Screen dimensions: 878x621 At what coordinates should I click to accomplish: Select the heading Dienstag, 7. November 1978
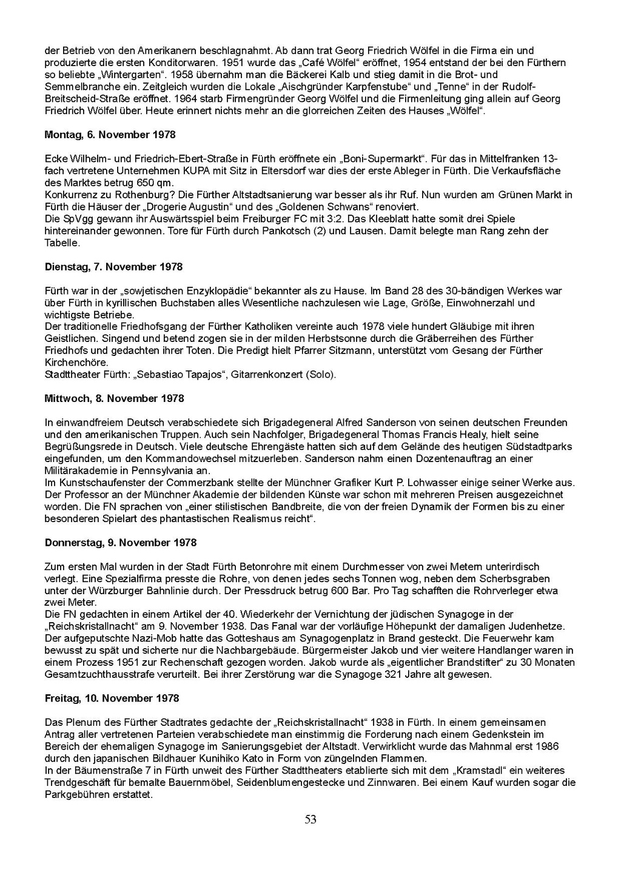pos(113,267)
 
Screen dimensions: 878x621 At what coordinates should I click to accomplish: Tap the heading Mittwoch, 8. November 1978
pos(114,398)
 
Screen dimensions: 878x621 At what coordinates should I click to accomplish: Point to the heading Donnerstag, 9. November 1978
pos(121,543)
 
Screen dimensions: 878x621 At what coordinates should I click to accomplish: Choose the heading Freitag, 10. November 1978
pos(112,699)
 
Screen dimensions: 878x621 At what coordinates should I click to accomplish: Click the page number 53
pos(310,820)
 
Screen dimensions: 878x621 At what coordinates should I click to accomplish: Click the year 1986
pos(546,746)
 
